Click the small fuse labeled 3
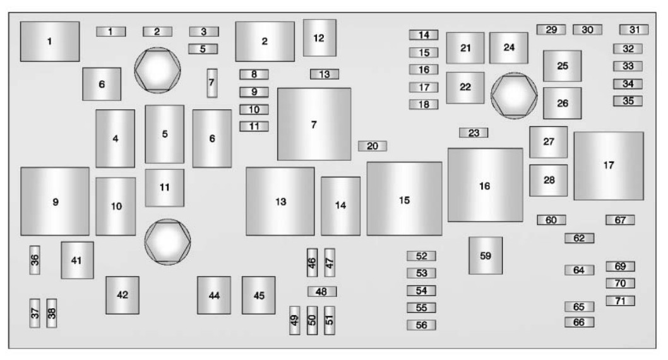[204, 32]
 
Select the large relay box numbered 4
[115, 138]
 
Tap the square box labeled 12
[319, 38]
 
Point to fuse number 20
[373, 146]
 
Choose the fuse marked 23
[474, 133]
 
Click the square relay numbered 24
[509, 48]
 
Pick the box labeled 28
[548, 180]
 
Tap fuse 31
[634, 30]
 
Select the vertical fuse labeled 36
[35, 260]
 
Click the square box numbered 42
[122, 295]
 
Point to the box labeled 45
[259, 295]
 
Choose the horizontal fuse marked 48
[322, 291]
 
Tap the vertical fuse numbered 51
[330, 320]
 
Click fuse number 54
[421, 291]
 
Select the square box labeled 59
[486, 256]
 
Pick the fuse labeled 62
[580, 238]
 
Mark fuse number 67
[620, 220]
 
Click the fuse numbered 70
[620, 284]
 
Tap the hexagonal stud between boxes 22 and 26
[514, 95]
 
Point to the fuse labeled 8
[254, 75]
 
